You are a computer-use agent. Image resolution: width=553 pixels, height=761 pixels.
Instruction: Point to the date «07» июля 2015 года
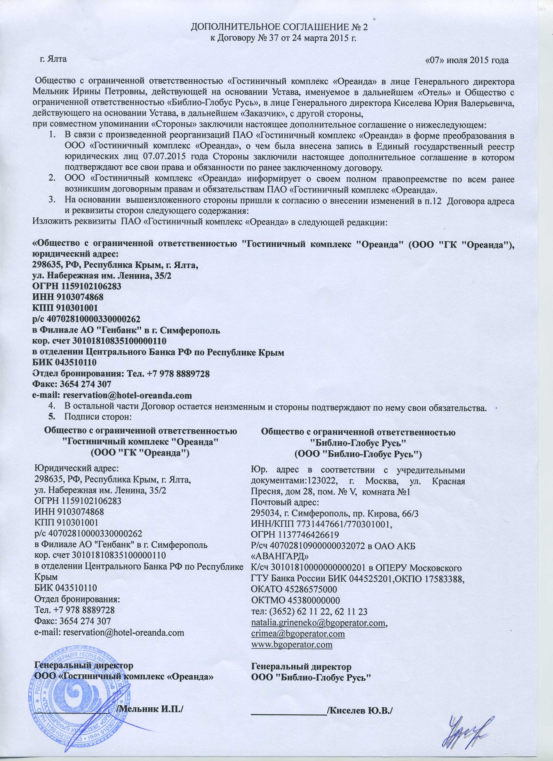[x=466, y=60]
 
